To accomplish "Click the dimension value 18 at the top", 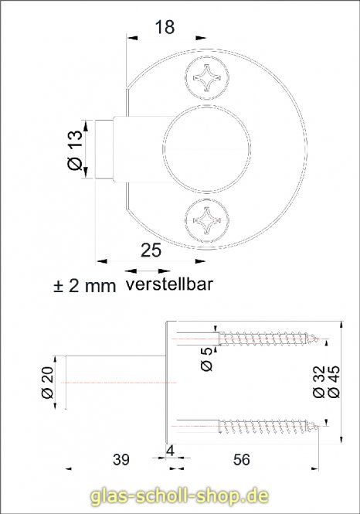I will click(x=164, y=27).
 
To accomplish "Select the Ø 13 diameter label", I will click(x=76, y=149).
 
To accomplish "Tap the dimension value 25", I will click(x=151, y=249).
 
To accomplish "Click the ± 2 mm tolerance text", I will click(x=83, y=286).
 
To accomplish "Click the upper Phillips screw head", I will click(x=208, y=79).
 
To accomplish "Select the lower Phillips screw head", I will click(x=208, y=222).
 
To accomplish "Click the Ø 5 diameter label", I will click(x=206, y=357).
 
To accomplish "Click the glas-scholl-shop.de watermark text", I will click(x=179, y=495).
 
